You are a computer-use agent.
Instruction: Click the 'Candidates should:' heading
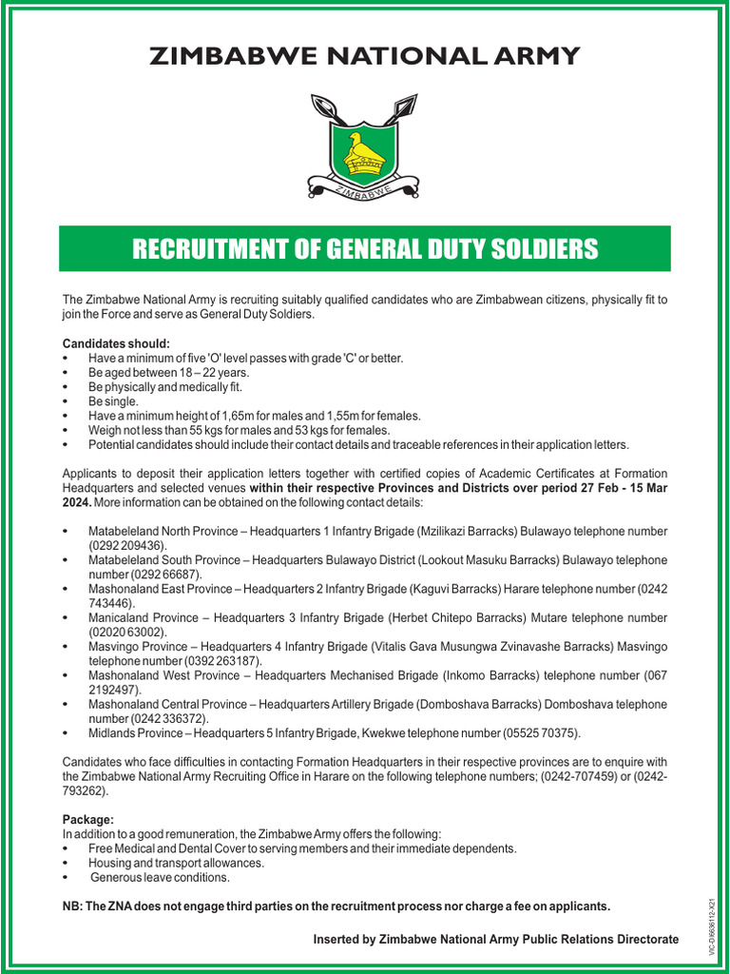117,342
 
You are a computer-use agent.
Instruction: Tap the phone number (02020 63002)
127,632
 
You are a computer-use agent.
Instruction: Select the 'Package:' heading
88,819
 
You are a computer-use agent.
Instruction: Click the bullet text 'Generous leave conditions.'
161,877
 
